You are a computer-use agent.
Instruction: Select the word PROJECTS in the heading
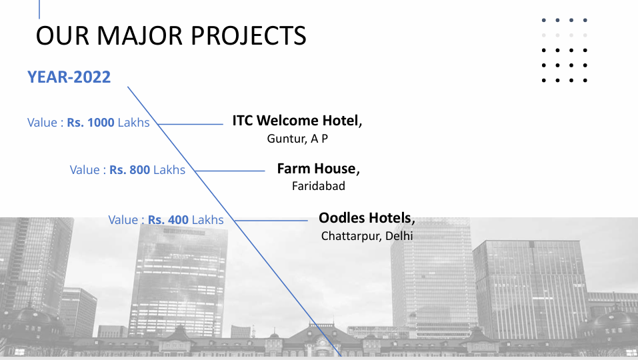click(x=248, y=36)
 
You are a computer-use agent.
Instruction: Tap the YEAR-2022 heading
click(x=69, y=77)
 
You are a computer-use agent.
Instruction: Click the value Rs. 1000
click(x=91, y=123)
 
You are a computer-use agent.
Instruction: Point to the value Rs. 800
click(x=130, y=169)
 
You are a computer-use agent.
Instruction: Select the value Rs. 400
click(x=168, y=219)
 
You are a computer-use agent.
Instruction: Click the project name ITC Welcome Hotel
click(x=297, y=121)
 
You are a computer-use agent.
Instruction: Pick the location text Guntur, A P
click(x=297, y=139)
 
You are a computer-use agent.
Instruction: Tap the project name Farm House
click(x=318, y=169)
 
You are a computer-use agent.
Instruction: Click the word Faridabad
click(x=319, y=186)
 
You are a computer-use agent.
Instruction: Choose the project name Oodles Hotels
click(x=367, y=218)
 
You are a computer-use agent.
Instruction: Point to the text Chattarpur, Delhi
click(x=367, y=236)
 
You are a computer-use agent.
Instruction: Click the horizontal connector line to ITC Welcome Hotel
click(x=191, y=124)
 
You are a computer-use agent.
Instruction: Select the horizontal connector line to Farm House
click(x=230, y=171)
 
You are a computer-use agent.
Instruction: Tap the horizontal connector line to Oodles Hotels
click(x=271, y=221)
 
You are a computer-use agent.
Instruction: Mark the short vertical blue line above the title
click(x=39, y=9)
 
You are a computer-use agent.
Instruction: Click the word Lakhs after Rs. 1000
click(x=134, y=123)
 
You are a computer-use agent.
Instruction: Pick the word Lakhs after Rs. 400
click(x=207, y=219)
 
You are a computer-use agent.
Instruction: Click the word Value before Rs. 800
click(x=85, y=169)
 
